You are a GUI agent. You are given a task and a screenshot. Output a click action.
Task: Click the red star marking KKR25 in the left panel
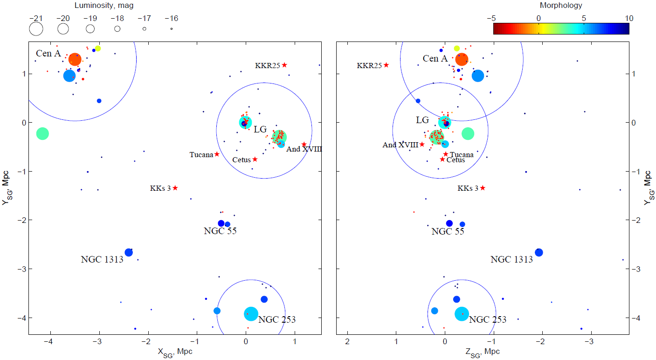coord(284,65)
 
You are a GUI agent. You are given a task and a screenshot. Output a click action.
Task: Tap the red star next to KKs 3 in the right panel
coord(483,188)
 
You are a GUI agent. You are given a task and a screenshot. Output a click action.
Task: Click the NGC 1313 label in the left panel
coord(102,259)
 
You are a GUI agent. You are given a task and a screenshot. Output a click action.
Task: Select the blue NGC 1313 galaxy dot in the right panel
coord(539,252)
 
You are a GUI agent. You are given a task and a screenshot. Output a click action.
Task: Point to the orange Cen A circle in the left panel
coord(75,59)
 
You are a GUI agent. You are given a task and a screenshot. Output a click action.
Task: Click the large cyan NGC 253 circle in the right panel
coord(462,314)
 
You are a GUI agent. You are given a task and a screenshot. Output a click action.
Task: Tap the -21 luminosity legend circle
coord(36,29)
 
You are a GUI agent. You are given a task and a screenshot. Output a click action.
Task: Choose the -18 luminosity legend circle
coord(117,29)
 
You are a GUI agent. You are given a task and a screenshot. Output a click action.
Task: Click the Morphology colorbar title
coord(561,6)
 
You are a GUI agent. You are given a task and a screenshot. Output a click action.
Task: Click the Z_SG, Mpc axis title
coord(482,352)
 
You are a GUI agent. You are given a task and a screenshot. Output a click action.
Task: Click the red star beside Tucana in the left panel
coord(217,154)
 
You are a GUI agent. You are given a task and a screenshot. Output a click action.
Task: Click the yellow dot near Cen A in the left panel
coord(98,48)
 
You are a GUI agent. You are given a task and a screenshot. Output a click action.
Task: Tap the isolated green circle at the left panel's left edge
coord(42,133)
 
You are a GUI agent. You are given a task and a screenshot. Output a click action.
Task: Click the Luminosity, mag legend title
coord(101,6)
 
